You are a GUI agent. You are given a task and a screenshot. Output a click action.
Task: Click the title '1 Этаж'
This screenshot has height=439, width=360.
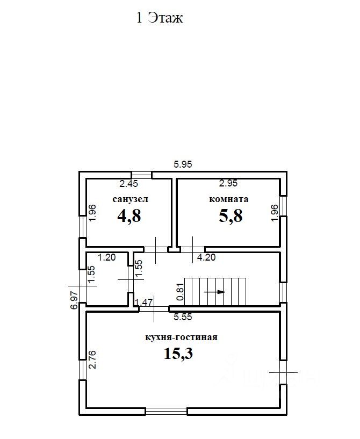pos(160,18)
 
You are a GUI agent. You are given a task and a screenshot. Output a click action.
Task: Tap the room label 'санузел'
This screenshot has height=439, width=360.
pos(130,199)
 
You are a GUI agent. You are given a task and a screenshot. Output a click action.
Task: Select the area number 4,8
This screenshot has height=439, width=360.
pos(129,216)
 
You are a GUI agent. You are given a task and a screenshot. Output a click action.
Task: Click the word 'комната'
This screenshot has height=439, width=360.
pos(229,199)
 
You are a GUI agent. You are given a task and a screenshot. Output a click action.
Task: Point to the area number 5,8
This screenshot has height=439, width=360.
pos(231,216)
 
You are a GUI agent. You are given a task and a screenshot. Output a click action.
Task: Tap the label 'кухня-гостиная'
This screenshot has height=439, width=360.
pos(182,337)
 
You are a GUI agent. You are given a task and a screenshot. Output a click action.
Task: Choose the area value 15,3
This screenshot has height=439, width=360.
pos(178,353)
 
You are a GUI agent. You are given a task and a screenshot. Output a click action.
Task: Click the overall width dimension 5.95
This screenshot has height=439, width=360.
pos(183,164)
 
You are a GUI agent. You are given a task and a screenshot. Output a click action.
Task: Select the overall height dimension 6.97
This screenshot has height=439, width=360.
pos(74,300)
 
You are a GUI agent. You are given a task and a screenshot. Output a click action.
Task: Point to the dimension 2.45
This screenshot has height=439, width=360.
pos(129,184)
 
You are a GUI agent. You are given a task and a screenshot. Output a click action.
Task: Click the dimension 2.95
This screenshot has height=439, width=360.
pos(228,183)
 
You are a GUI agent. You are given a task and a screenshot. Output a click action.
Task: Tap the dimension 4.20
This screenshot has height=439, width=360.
pos(206,257)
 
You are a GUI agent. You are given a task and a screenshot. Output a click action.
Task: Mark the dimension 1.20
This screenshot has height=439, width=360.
pos(106,257)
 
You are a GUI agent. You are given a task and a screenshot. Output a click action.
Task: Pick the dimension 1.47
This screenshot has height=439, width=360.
pos(143,302)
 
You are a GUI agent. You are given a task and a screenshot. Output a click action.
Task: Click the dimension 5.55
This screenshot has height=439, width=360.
pos(183,317)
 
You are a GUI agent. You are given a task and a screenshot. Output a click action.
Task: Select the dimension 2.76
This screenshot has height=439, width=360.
pos(92,359)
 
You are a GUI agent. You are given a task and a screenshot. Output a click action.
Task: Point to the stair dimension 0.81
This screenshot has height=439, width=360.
pos(181,292)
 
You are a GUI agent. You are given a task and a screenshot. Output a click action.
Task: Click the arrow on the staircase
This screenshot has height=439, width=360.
pos(214,292)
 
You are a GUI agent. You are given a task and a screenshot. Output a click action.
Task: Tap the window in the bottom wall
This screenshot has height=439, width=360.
pos(166,411)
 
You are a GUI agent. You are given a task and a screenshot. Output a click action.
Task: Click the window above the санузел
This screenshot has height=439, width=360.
pos(142,175)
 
